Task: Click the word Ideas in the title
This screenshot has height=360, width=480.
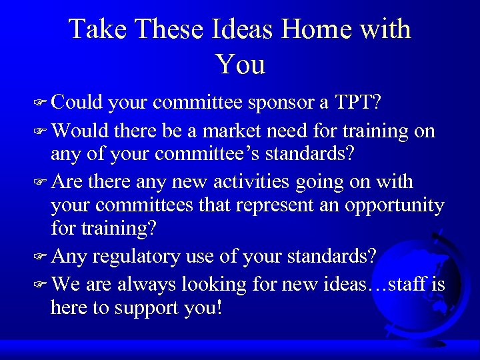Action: (243, 29)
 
